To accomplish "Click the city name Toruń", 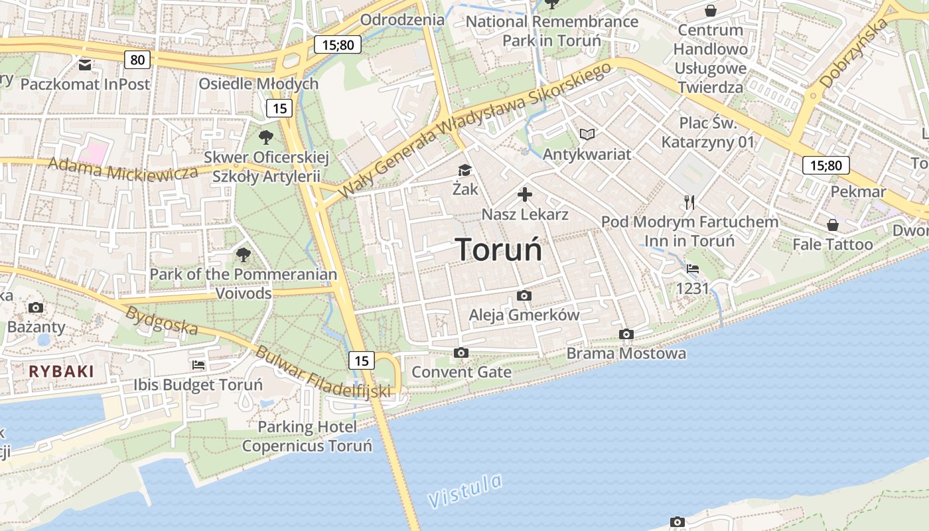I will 499,250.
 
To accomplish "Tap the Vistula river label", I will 464,491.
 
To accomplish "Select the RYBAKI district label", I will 61,371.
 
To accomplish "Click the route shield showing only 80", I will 137,60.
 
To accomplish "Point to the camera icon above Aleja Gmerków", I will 524,295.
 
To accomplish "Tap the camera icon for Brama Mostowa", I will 626,334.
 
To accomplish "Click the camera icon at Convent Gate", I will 461,352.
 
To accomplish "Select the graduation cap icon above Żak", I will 464,171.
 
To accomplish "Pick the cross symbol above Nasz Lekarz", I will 525,194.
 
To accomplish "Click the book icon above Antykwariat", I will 587,135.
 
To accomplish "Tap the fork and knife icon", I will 689,202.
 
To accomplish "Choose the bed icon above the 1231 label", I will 693,269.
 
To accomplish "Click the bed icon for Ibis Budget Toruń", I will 198,364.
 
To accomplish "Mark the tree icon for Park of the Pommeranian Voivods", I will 244,254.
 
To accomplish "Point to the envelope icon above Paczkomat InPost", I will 85,65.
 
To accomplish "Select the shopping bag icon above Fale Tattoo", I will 833,225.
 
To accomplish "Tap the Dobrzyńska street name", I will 853,53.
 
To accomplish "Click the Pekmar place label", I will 858,192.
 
